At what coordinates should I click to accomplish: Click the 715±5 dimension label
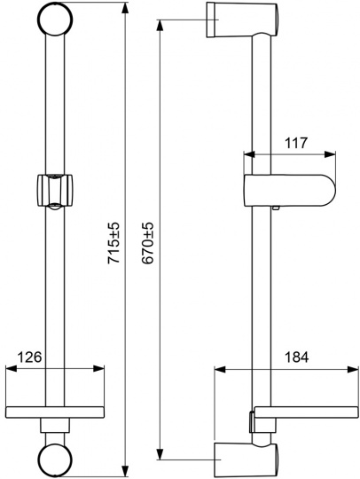point(113,243)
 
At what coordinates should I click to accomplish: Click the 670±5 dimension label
point(148,243)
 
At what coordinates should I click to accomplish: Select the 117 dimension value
point(296,143)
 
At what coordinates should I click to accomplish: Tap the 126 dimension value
point(29,357)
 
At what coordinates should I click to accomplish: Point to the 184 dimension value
point(296,357)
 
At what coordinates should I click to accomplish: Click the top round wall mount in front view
point(55,19)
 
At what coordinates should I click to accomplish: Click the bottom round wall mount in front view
point(55,459)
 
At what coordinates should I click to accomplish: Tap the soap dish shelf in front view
point(55,412)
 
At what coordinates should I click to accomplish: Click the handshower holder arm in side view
point(289,191)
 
